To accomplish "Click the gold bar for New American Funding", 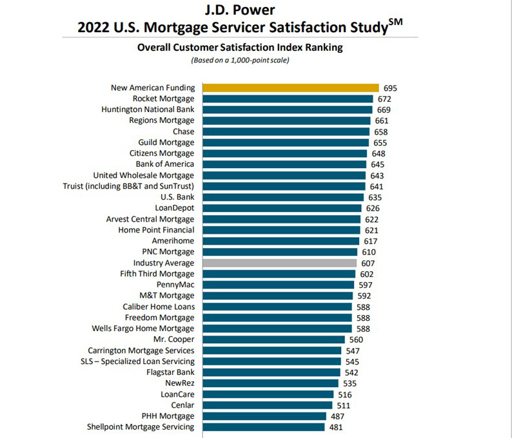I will point(290,88).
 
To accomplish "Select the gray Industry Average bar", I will point(279,263).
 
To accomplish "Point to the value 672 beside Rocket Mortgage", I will point(384,99).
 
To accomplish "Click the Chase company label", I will point(183,131).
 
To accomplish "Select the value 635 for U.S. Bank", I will point(375,197).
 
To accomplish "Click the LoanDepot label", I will point(175,208).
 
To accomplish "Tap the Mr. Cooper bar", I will point(274,339).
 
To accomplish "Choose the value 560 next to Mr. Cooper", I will point(356,339).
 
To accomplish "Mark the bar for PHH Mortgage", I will point(268,415).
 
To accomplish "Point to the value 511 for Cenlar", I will point(342,405).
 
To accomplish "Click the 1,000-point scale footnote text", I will point(240,61).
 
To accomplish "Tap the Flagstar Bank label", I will point(170,372).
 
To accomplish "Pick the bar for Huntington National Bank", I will point(287,110).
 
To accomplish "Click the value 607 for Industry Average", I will point(368,263).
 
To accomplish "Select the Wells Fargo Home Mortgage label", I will point(147,328).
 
